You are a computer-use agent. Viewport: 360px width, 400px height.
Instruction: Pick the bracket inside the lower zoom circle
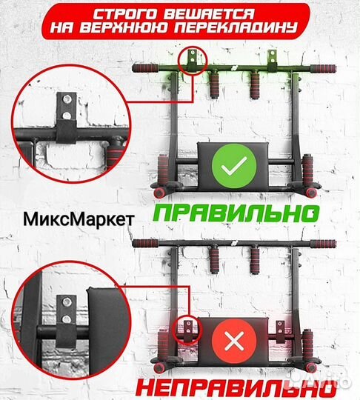66,310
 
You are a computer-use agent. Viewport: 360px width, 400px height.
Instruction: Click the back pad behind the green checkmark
230,159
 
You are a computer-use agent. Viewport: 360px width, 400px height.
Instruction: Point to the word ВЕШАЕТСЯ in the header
201,14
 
